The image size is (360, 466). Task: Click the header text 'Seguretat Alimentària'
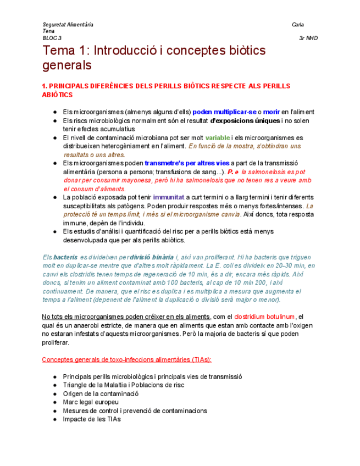tap(68, 25)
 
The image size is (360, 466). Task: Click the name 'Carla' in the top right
tap(298, 25)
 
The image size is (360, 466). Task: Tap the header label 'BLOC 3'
tap(52, 38)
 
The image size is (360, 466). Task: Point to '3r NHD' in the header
tap(308, 38)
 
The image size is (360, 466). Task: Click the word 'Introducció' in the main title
tap(123, 51)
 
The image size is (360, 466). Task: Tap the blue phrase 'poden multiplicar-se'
tap(224, 112)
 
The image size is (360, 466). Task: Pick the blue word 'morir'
tap(271, 112)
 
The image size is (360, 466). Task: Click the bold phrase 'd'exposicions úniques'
tap(245, 120)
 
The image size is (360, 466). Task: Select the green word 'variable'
tap(218, 137)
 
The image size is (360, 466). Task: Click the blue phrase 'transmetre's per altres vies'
tap(187, 163)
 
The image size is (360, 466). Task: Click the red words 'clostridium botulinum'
tap(264, 317)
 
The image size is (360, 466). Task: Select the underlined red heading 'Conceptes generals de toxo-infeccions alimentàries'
tap(126, 359)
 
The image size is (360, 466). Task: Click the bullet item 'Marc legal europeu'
tap(91, 402)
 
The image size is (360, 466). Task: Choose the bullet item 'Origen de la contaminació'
tap(101, 393)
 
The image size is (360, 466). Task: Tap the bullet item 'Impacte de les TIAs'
tap(91, 419)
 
